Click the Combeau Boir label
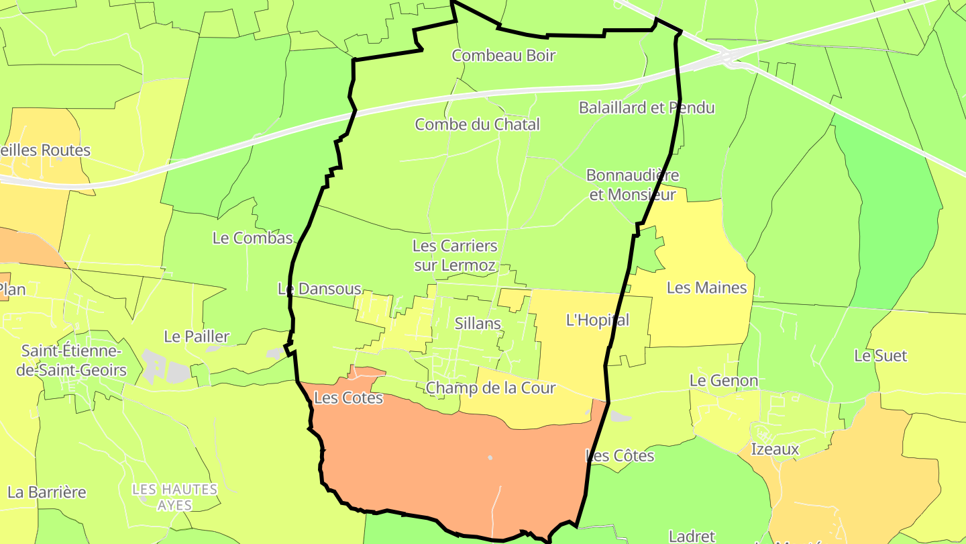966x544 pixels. point(503,56)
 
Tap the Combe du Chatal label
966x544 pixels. point(477,124)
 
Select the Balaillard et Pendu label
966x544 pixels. point(647,107)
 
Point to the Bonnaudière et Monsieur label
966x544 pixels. point(632,185)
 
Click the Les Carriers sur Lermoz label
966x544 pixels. point(455,255)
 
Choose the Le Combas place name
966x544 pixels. point(253,238)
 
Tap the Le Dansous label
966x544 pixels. point(319,289)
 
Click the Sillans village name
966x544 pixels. point(478,323)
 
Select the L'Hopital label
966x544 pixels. point(598,320)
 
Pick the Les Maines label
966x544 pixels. point(706,288)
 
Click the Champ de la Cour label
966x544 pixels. point(490,388)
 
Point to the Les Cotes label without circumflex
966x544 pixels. point(348,398)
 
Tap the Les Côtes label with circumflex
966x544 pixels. point(619,456)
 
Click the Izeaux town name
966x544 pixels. point(775,449)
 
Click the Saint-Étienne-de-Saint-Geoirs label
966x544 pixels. point(74,361)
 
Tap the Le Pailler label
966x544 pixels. point(197,336)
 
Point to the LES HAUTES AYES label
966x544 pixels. point(175,497)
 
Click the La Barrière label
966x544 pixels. point(47,492)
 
